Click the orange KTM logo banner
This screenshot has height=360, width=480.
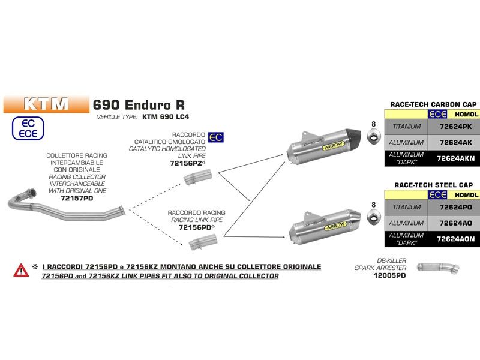click(x=46, y=103)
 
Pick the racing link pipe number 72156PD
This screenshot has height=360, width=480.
click(x=187, y=228)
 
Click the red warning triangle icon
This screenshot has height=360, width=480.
click(x=21, y=271)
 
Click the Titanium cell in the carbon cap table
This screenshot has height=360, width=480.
click(x=406, y=127)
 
